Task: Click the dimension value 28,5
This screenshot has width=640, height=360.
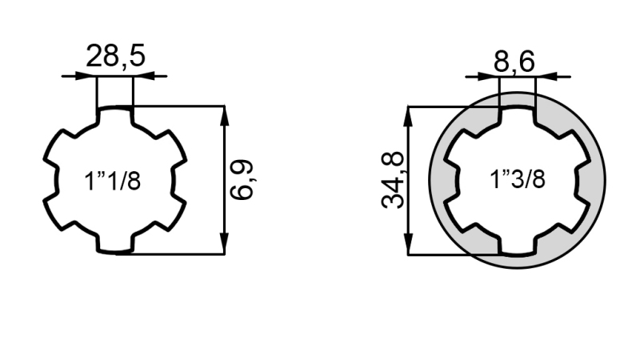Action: [115, 57]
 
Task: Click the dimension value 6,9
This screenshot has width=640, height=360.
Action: [242, 179]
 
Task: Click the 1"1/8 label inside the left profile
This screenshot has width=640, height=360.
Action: [113, 181]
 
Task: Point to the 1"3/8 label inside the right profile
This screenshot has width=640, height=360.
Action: [518, 179]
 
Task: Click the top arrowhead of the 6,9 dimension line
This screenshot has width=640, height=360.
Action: [224, 114]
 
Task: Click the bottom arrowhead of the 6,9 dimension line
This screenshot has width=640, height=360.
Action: [224, 246]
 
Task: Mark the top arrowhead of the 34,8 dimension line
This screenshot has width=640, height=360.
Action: [409, 114]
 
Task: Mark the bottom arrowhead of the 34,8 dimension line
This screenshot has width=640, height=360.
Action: [409, 246]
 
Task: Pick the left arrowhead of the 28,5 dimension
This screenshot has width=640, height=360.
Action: [89, 77]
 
